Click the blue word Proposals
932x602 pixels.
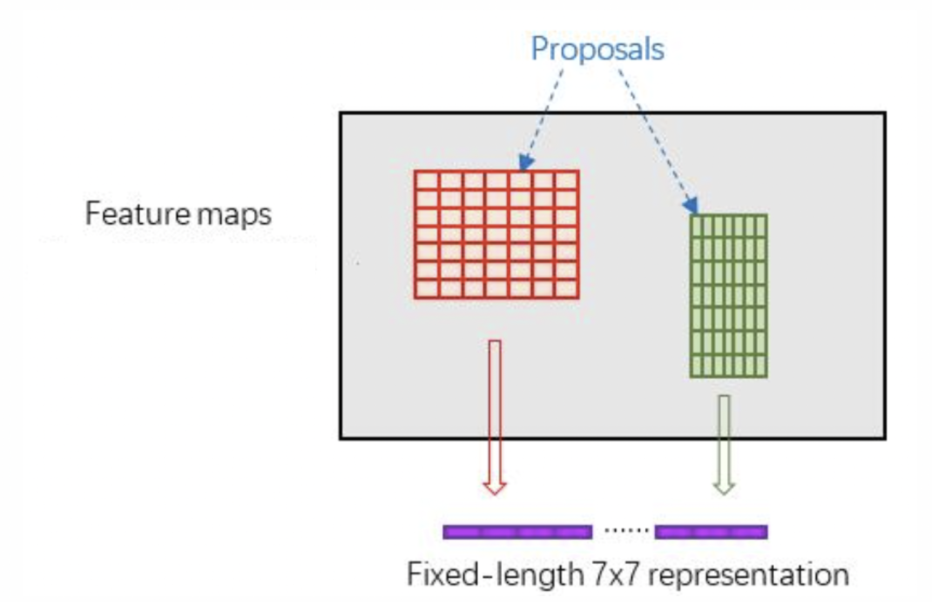[x=597, y=49]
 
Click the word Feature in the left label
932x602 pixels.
[x=137, y=213]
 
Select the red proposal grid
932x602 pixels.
[x=496, y=235]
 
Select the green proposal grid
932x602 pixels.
[x=728, y=296]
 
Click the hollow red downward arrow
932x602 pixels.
[x=495, y=416]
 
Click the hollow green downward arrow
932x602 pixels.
[x=724, y=443]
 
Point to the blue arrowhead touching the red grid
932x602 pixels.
[x=525, y=162]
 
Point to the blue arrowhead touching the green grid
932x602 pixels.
[x=691, y=206]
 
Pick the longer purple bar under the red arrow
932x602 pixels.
[x=517, y=532]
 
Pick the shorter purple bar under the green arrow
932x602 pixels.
[x=711, y=532]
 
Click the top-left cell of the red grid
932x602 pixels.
[x=427, y=180]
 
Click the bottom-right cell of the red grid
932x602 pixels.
[x=566, y=289]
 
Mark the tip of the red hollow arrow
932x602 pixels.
[x=495, y=492]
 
